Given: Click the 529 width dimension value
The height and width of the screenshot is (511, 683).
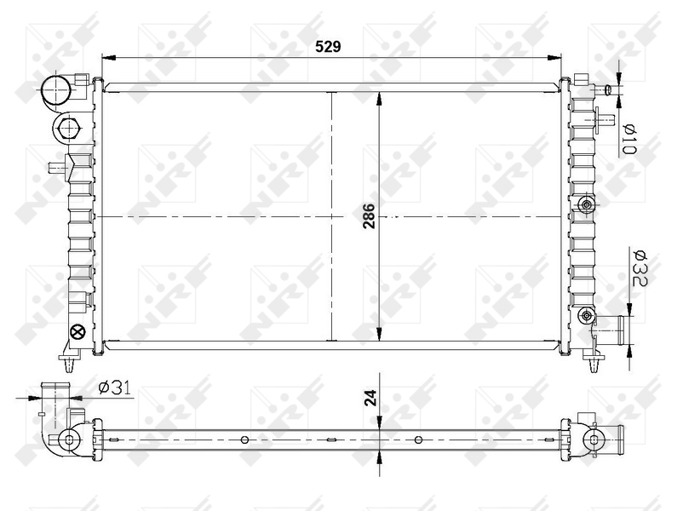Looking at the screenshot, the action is pyautogui.click(x=328, y=46).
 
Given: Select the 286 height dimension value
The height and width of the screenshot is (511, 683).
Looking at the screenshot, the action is pyautogui.click(x=369, y=216).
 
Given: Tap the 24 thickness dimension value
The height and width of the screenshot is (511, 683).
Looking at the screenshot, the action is pyautogui.click(x=370, y=398).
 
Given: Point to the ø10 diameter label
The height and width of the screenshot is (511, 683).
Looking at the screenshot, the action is pyautogui.click(x=630, y=140).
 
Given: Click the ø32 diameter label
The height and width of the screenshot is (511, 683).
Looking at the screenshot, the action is pyautogui.click(x=640, y=268).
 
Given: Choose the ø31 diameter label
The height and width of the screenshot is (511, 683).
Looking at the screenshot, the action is pyautogui.click(x=115, y=388).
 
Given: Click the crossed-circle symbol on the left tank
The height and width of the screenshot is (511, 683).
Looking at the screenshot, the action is pyautogui.click(x=78, y=332).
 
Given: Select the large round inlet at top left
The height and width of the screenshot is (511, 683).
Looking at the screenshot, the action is pyautogui.click(x=55, y=91).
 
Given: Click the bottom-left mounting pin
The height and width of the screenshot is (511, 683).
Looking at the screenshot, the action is pyautogui.click(x=69, y=363).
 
